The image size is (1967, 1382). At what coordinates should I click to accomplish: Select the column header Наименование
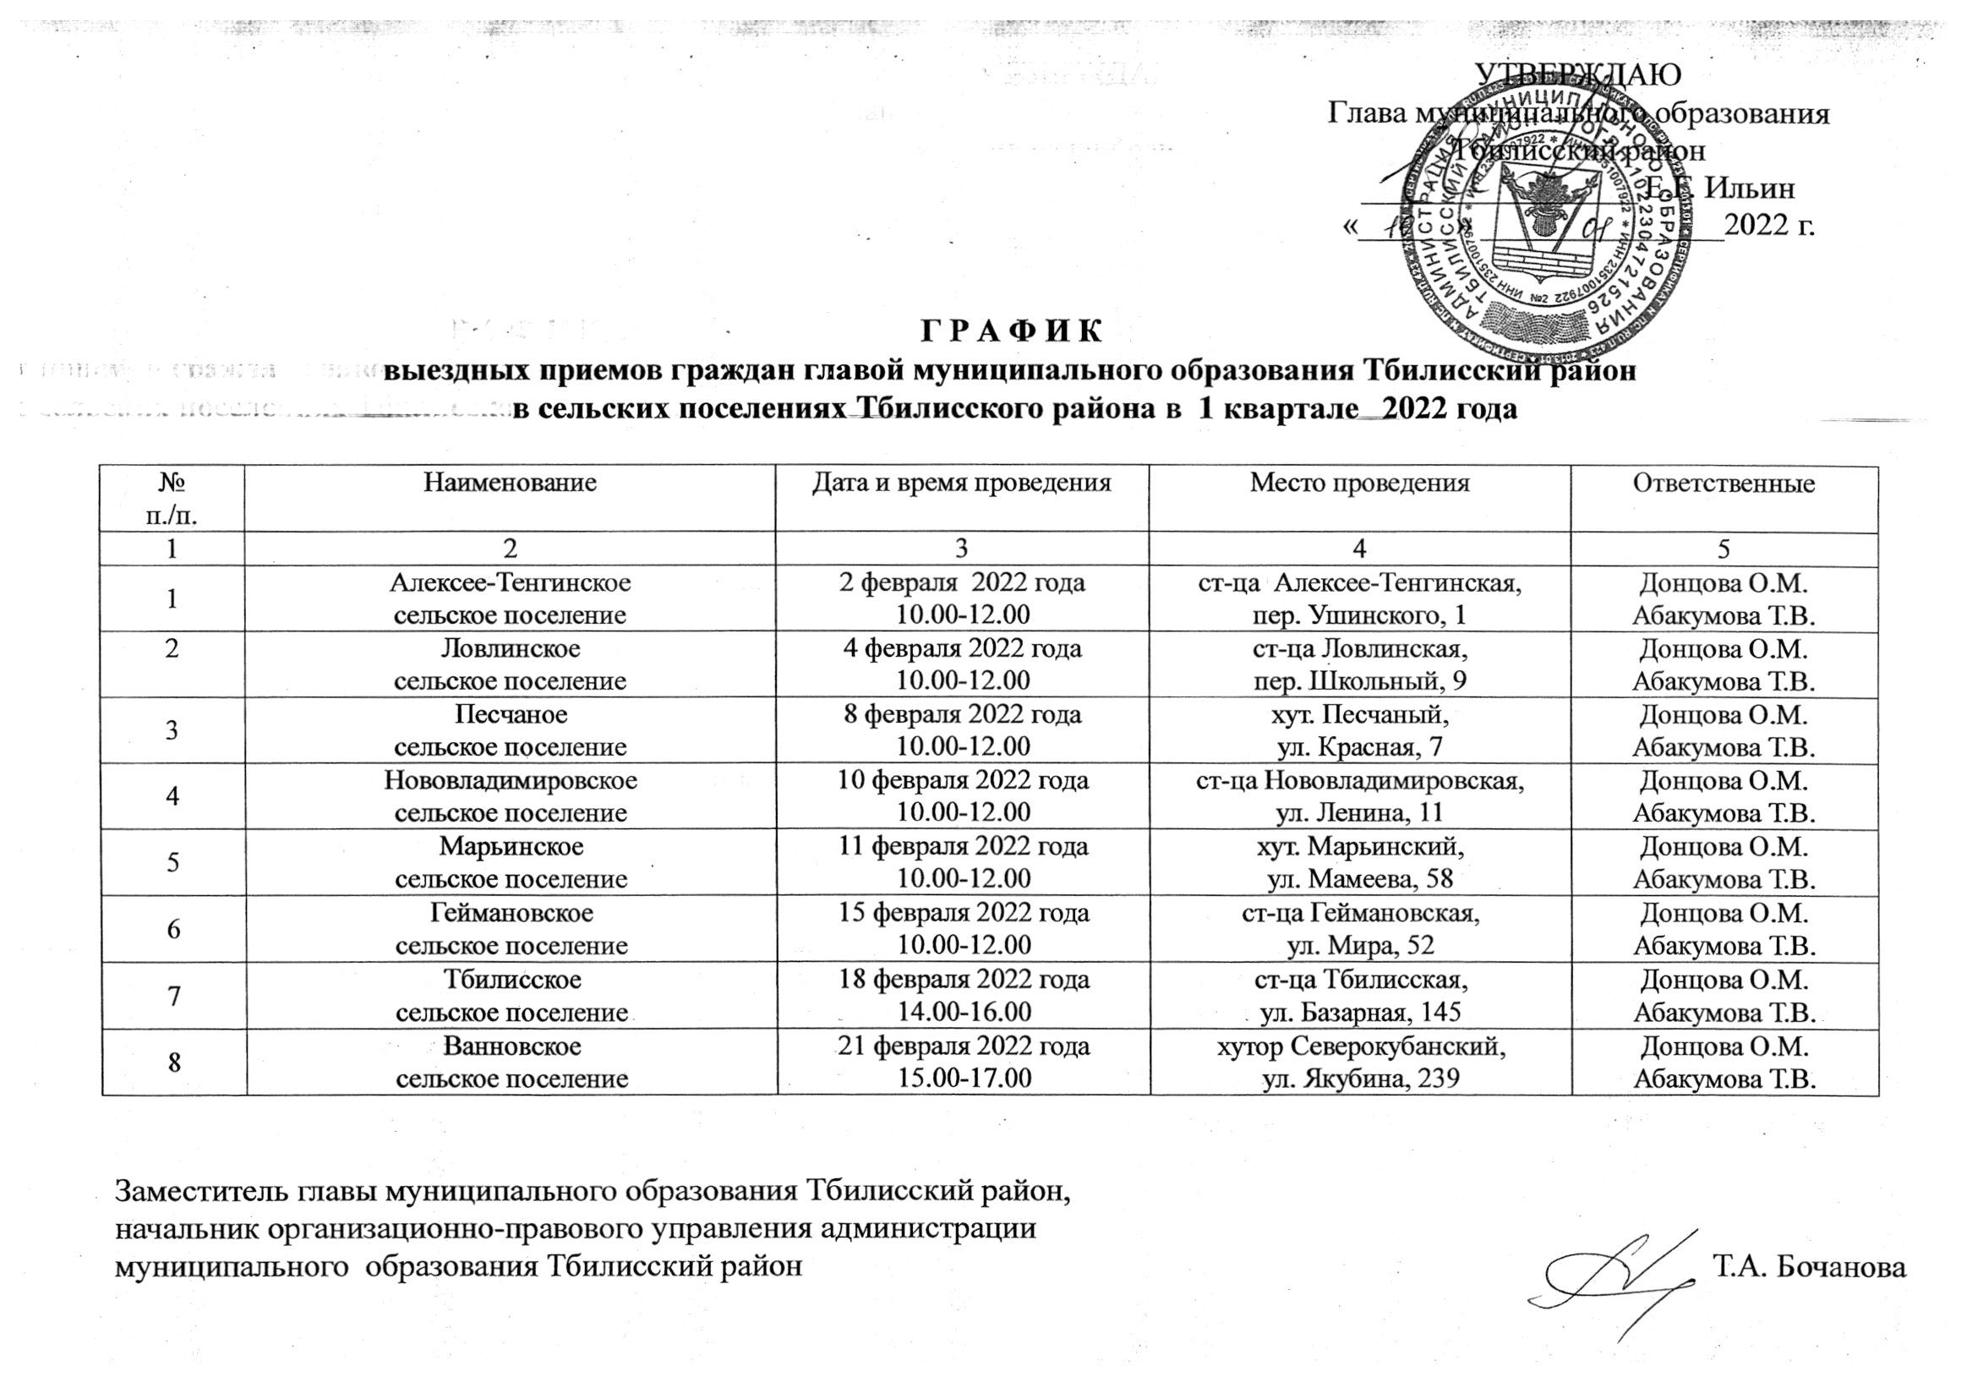pos(510,483)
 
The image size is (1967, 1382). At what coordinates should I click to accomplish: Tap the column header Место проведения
pos(1359,483)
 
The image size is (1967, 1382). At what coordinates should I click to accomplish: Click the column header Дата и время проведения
pos(962,483)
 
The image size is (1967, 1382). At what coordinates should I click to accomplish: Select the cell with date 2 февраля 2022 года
pos(962,583)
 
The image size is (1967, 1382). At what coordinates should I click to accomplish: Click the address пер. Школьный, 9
pos(1359,680)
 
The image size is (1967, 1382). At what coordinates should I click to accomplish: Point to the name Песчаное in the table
pos(511,713)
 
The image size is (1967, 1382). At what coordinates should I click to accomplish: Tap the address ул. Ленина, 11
pos(1359,811)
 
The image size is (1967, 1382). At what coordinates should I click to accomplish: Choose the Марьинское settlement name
pos(511,846)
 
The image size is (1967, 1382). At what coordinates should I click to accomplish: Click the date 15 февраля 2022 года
pos(962,913)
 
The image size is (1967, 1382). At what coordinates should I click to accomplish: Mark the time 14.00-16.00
pos(962,1012)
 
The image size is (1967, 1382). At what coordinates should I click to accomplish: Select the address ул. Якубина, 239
pos(1361,1078)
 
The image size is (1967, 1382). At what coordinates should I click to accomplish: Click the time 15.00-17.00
pos(962,1078)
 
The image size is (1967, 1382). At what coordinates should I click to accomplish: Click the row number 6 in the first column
pos(173,928)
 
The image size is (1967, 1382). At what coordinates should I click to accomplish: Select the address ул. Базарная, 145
pos(1361,1012)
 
